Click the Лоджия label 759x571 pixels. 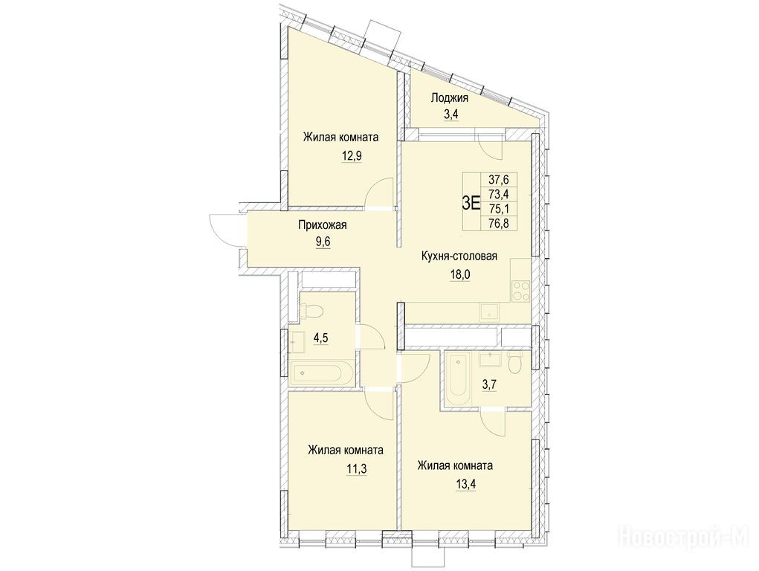click(450, 98)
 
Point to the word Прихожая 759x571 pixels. click(322, 225)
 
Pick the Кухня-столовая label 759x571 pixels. click(459, 257)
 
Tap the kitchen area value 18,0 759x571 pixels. click(459, 274)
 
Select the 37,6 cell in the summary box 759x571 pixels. click(496, 179)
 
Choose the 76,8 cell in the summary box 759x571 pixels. click(496, 223)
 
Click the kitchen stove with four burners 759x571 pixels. click(521, 291)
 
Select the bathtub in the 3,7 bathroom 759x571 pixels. click(458, 380)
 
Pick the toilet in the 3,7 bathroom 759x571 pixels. click(515, 361)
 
